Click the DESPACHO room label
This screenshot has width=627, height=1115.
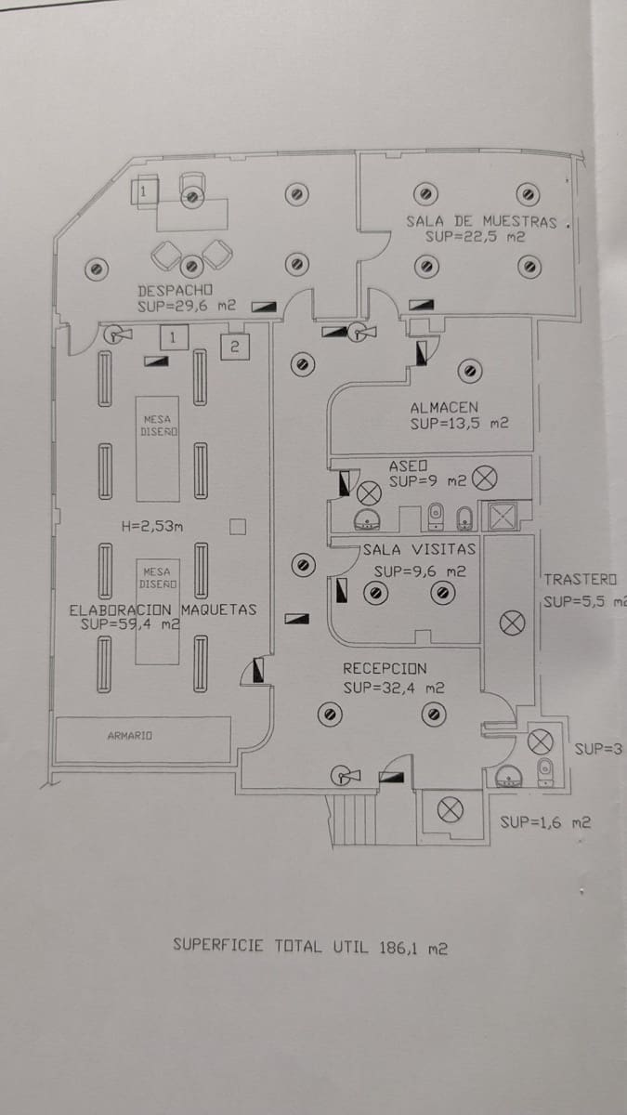[176, 289]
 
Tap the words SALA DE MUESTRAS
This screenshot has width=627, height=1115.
[481, 221]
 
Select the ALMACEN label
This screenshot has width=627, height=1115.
[444, 407]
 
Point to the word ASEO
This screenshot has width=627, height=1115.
[407, 464]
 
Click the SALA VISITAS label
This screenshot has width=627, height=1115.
[419, 549]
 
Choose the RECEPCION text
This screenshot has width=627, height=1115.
[385, 668]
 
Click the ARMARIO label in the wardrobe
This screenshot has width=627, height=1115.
[130, 735]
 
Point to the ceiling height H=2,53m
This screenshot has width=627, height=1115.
[152, 527]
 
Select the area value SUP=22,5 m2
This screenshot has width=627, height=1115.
[476, 237]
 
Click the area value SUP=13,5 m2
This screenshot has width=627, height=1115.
[459, 424]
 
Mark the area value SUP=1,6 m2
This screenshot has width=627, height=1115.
[545, 821]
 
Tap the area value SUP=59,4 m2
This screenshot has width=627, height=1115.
[130, 625]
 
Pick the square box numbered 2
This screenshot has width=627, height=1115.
[234, 346]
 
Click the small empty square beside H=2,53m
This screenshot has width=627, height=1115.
[237, 527]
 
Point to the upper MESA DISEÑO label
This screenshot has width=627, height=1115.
[159, 426]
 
